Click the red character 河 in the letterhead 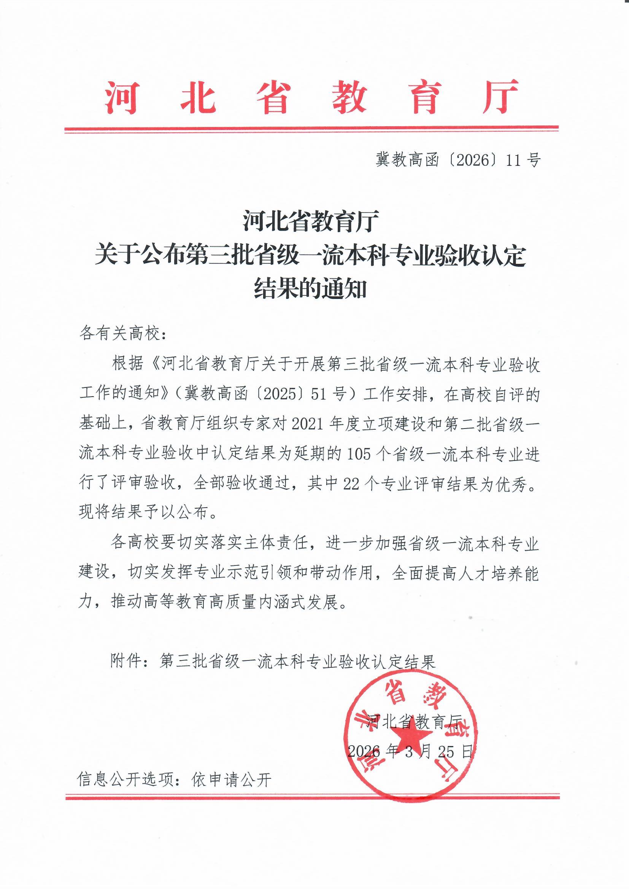[x=121, y=97]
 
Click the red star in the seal [x=412, y=735]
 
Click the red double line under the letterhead [x=312, y=129]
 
